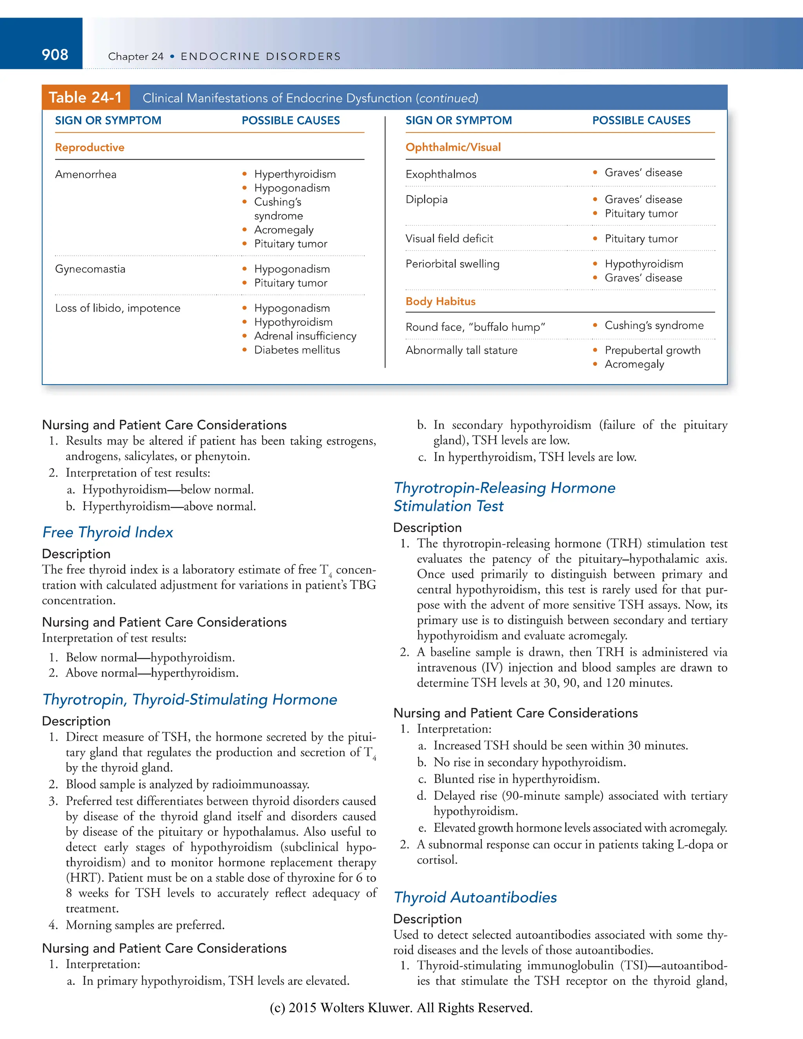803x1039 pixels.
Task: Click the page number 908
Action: pos(55,55)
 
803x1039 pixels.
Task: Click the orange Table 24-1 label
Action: pos(85,98)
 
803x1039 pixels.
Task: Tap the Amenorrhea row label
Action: pos(85,174)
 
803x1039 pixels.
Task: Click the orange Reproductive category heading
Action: pos(89,147)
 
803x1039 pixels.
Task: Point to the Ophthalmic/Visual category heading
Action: pos(453,147)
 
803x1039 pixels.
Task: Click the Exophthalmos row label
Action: pos(440,174)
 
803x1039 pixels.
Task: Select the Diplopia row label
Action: pos(426,200)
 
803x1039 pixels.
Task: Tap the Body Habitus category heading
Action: pos(440,302)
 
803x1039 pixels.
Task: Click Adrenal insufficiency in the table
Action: pos(305,336)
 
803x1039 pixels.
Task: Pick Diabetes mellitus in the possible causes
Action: pos(297,350)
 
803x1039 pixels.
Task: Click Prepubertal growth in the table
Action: pos(652,351)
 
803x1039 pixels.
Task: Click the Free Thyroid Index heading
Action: pos(107,532)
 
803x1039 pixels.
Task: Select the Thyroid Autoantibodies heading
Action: pos(475,898)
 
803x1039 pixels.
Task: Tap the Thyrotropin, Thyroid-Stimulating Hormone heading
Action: pos(189,700)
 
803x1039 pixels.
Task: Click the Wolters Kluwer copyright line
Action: pos(401,1008)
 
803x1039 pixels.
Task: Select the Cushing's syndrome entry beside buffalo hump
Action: pos(654,326)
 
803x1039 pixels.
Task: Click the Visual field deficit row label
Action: pos(449,239)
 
